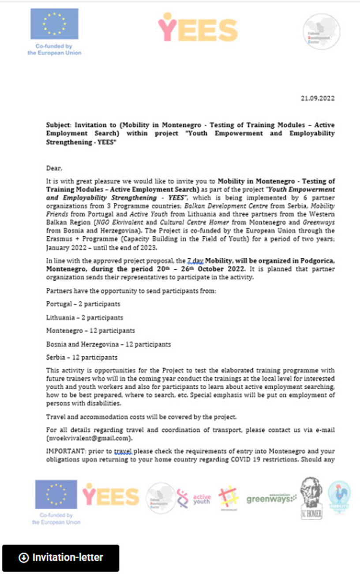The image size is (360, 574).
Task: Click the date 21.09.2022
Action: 315,98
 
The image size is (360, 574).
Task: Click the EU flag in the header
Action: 54,24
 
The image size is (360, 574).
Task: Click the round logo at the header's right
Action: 321,31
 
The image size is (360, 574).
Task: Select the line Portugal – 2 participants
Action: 83,304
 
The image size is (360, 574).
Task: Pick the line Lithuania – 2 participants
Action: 84,317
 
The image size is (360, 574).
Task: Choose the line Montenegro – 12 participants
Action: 90,330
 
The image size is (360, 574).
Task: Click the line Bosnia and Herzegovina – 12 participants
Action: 108,344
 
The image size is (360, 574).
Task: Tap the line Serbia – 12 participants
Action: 82,357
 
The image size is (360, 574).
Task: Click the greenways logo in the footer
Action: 271,499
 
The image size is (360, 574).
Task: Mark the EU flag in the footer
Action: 56,494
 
